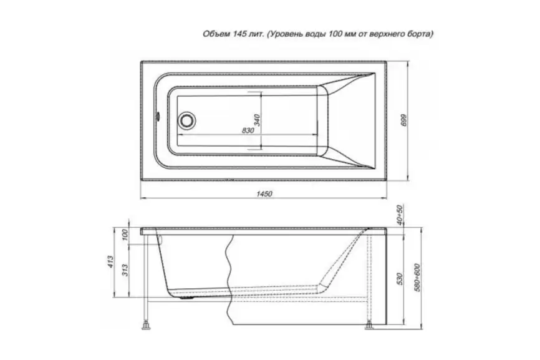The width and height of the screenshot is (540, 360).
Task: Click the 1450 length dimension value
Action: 264,193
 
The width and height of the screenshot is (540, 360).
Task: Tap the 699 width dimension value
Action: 404,120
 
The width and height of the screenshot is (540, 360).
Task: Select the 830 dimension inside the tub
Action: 248,130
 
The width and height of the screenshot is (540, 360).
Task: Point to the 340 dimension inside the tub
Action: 258,120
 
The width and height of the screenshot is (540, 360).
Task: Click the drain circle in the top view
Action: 187,120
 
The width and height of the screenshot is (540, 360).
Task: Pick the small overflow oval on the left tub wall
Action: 158,116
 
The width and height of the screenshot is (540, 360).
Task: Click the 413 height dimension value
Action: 110,262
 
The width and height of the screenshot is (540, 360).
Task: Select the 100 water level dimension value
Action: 125,235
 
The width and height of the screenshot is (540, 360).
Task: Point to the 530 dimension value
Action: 399,278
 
